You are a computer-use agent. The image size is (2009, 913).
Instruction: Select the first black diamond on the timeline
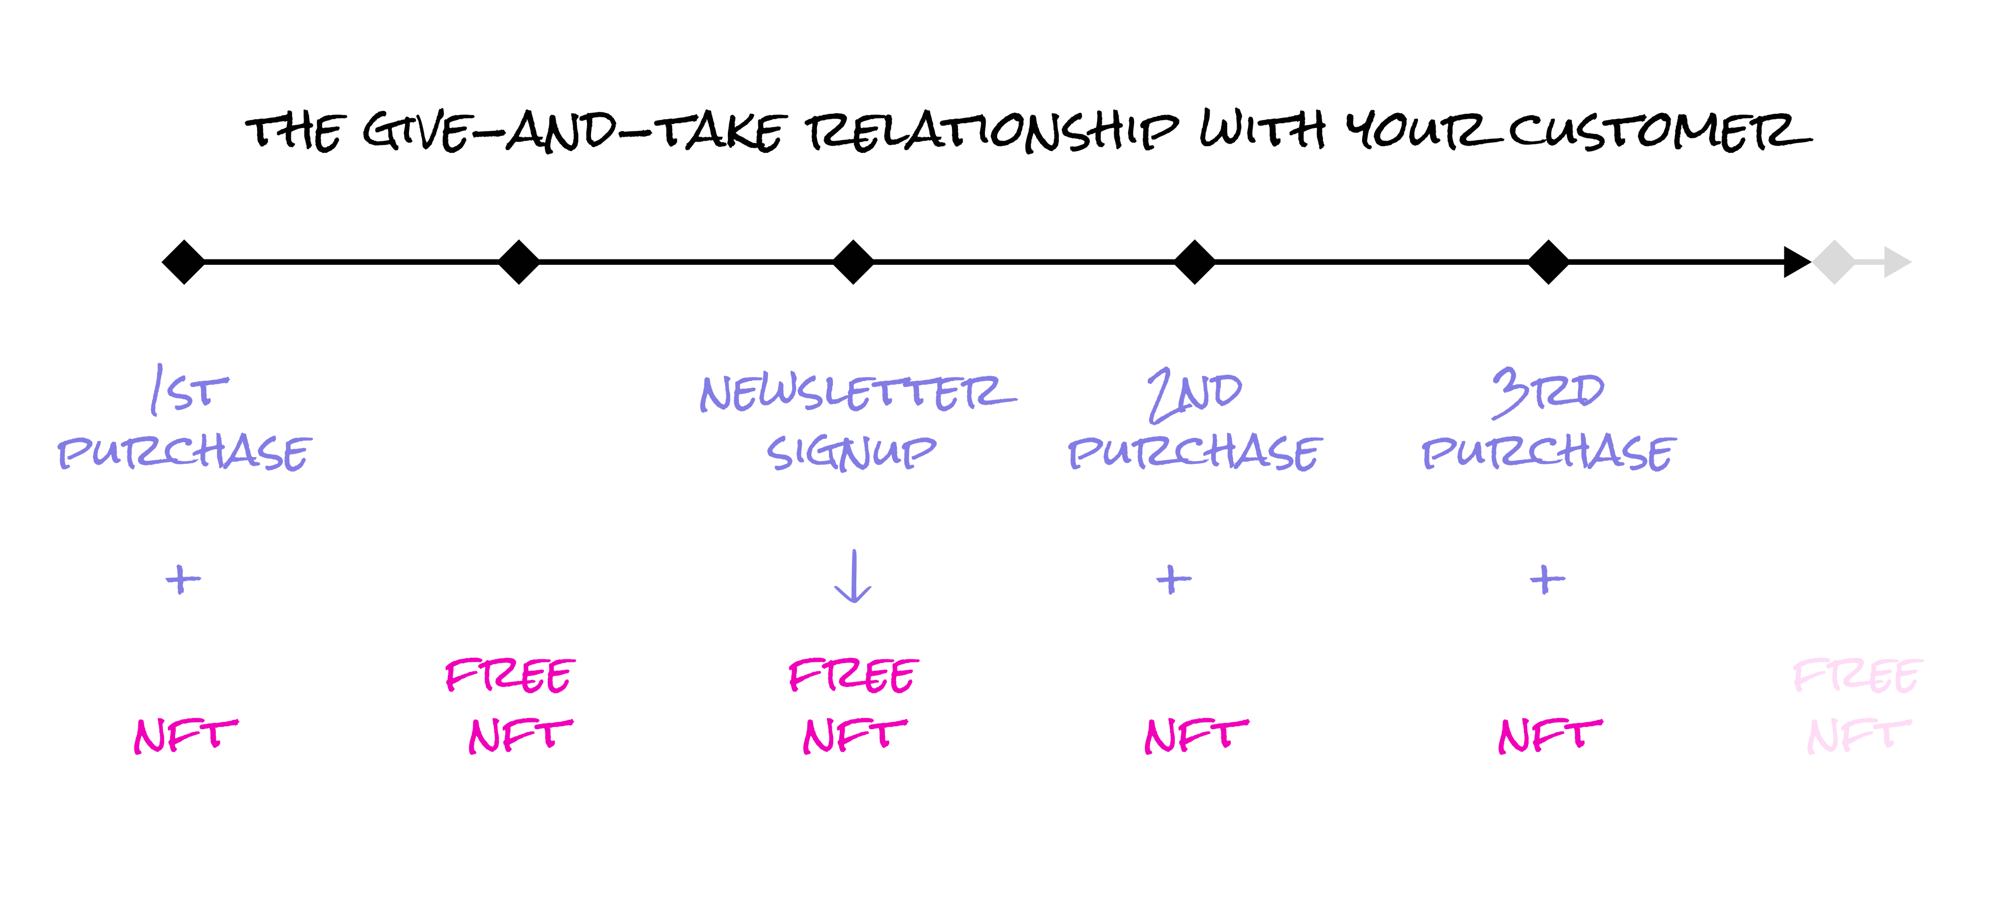tap(183, 262)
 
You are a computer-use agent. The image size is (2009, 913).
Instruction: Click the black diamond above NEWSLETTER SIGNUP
tap(853, 262)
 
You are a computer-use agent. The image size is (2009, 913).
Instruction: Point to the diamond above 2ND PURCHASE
tap(1194, 262)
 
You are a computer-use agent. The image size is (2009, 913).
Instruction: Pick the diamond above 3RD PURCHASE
tap(1548, 262)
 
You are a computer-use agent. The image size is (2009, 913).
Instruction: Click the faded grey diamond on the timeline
tap(1834, 262)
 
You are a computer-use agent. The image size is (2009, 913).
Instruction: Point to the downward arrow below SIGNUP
tap(853, 577)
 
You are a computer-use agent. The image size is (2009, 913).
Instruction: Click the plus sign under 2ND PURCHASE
tap(1174, 579)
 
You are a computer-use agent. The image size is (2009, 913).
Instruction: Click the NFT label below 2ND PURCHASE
tap(1196, 735)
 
